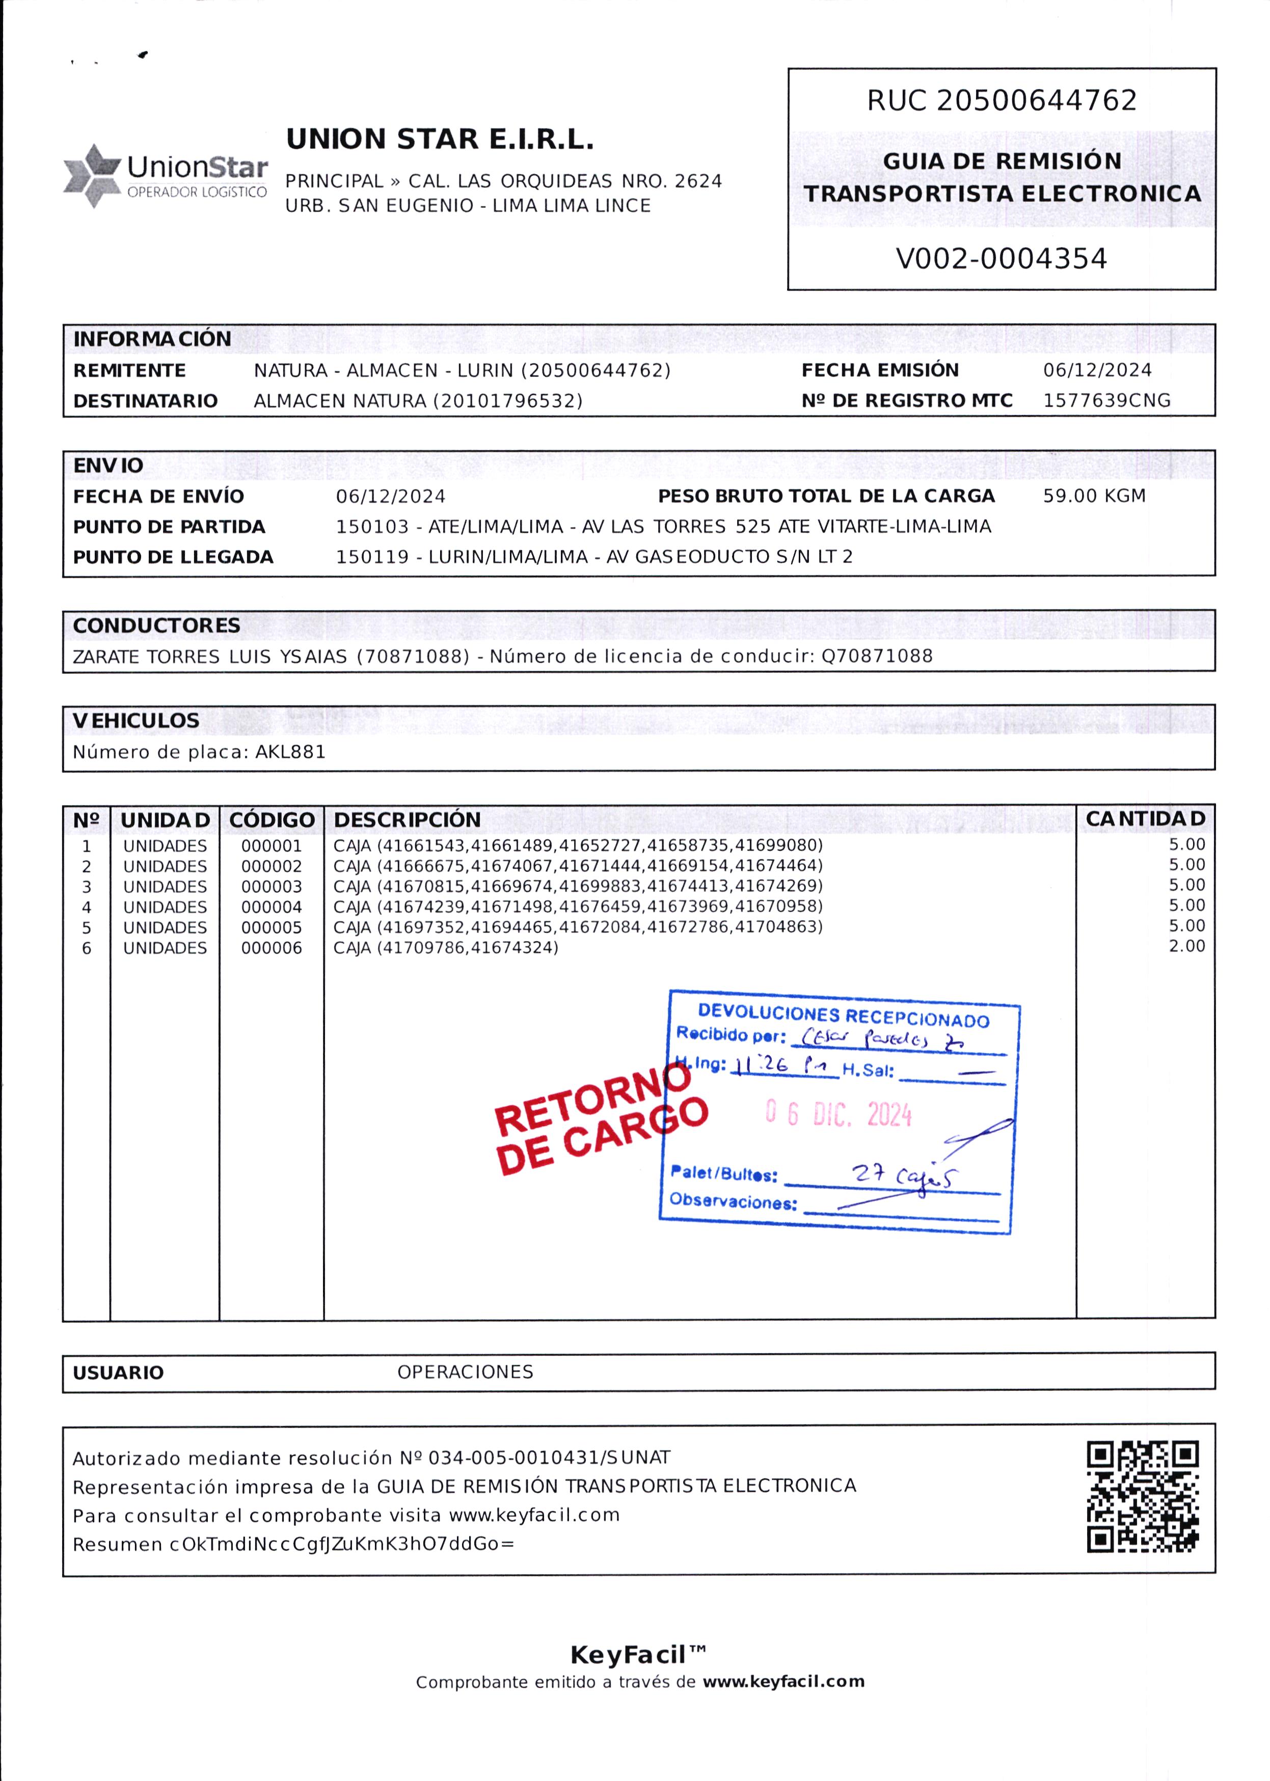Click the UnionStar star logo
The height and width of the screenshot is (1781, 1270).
(92, 176)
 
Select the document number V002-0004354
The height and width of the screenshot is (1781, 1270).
(1001, 259)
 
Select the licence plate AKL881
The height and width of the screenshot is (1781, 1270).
(290, 752)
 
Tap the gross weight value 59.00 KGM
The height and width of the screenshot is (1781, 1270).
(1094, 496)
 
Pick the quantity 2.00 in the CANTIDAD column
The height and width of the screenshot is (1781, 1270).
(1186, 946)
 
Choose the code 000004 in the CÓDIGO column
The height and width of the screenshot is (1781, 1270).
(272, 907)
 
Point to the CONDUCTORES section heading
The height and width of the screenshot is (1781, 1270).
(156, 625)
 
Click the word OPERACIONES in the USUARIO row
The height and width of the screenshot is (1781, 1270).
(465, 1372)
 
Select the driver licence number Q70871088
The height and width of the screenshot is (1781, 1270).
(877, 656)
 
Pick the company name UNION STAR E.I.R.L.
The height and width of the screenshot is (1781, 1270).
(440, 139)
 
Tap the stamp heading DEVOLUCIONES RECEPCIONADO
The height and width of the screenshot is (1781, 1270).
(843, 1016)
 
